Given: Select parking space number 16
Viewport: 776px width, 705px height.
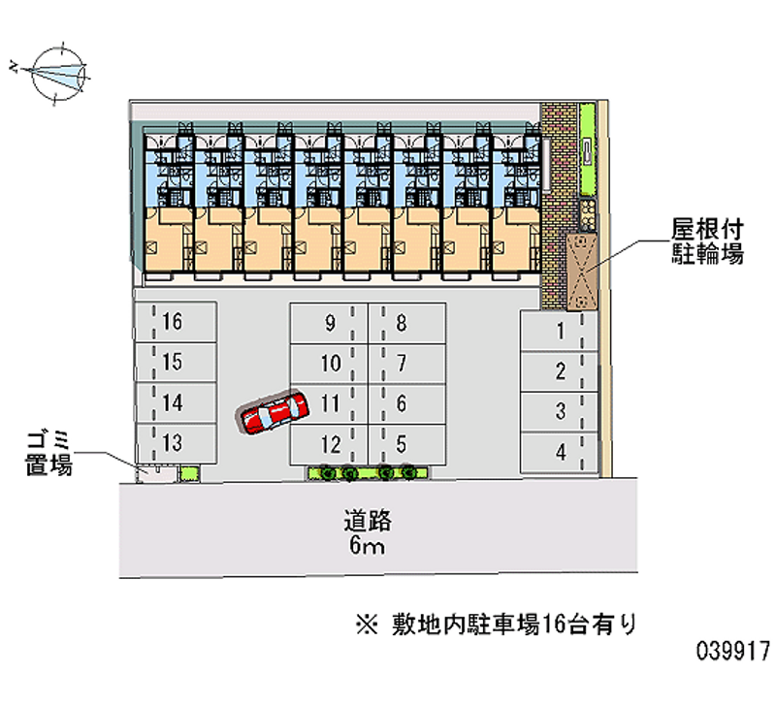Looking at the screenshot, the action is pos(176,322).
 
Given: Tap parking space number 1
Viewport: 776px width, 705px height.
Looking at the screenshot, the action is pos(559,331).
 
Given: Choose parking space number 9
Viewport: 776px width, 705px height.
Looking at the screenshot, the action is pos(329,324).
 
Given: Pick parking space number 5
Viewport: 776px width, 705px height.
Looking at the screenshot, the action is pos(407,444).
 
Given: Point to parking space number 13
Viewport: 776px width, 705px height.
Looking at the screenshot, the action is pos(176,443).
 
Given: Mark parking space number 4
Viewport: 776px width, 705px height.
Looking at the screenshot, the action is pos(559,452).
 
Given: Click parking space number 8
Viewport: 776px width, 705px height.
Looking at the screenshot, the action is pos(407,324).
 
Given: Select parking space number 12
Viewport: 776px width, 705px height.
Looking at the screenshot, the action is pos(329,444).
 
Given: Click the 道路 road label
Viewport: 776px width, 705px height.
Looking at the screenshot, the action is pos(368,521).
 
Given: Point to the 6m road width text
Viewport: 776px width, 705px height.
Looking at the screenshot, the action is pos(367,546).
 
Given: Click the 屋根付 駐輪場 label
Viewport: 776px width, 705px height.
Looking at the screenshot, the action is pos(708,241).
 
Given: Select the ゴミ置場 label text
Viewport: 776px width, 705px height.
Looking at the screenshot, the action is pos(48,454).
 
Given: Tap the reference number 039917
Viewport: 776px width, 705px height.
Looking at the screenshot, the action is pos(733,651).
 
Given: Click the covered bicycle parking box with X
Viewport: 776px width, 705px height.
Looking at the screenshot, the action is pos(581,272).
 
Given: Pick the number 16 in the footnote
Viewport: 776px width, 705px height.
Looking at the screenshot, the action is pos(554,625).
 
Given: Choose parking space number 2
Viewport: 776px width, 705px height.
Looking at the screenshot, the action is pos(559,371).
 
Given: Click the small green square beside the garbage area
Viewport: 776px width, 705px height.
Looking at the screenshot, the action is pos(189,473).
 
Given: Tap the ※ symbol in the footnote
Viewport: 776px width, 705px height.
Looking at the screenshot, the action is pos(367,625).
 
